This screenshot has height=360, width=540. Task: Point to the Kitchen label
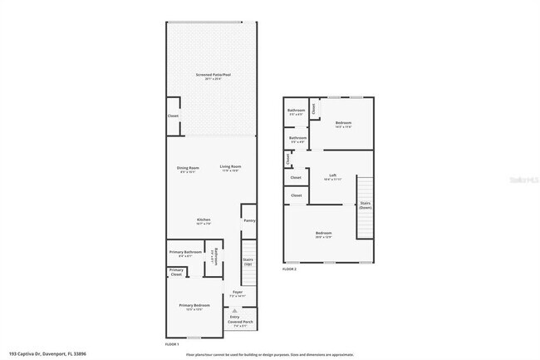(204, 221)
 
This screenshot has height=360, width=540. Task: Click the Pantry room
(248, 221)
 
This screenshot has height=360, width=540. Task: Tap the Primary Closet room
(176, 272)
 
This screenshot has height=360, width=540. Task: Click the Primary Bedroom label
(194, 307)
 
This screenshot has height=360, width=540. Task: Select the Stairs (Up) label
(248, 262)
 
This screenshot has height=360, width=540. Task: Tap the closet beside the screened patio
(173, 116)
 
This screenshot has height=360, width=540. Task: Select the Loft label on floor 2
(332, 176)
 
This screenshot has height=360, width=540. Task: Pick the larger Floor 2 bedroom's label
(323, 234)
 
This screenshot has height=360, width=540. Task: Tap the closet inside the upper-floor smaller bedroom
(314, 106)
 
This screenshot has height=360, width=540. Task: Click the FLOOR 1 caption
(173, 343)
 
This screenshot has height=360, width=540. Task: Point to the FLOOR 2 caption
(289, 269)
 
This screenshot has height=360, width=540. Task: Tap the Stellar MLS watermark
(518, 178)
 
